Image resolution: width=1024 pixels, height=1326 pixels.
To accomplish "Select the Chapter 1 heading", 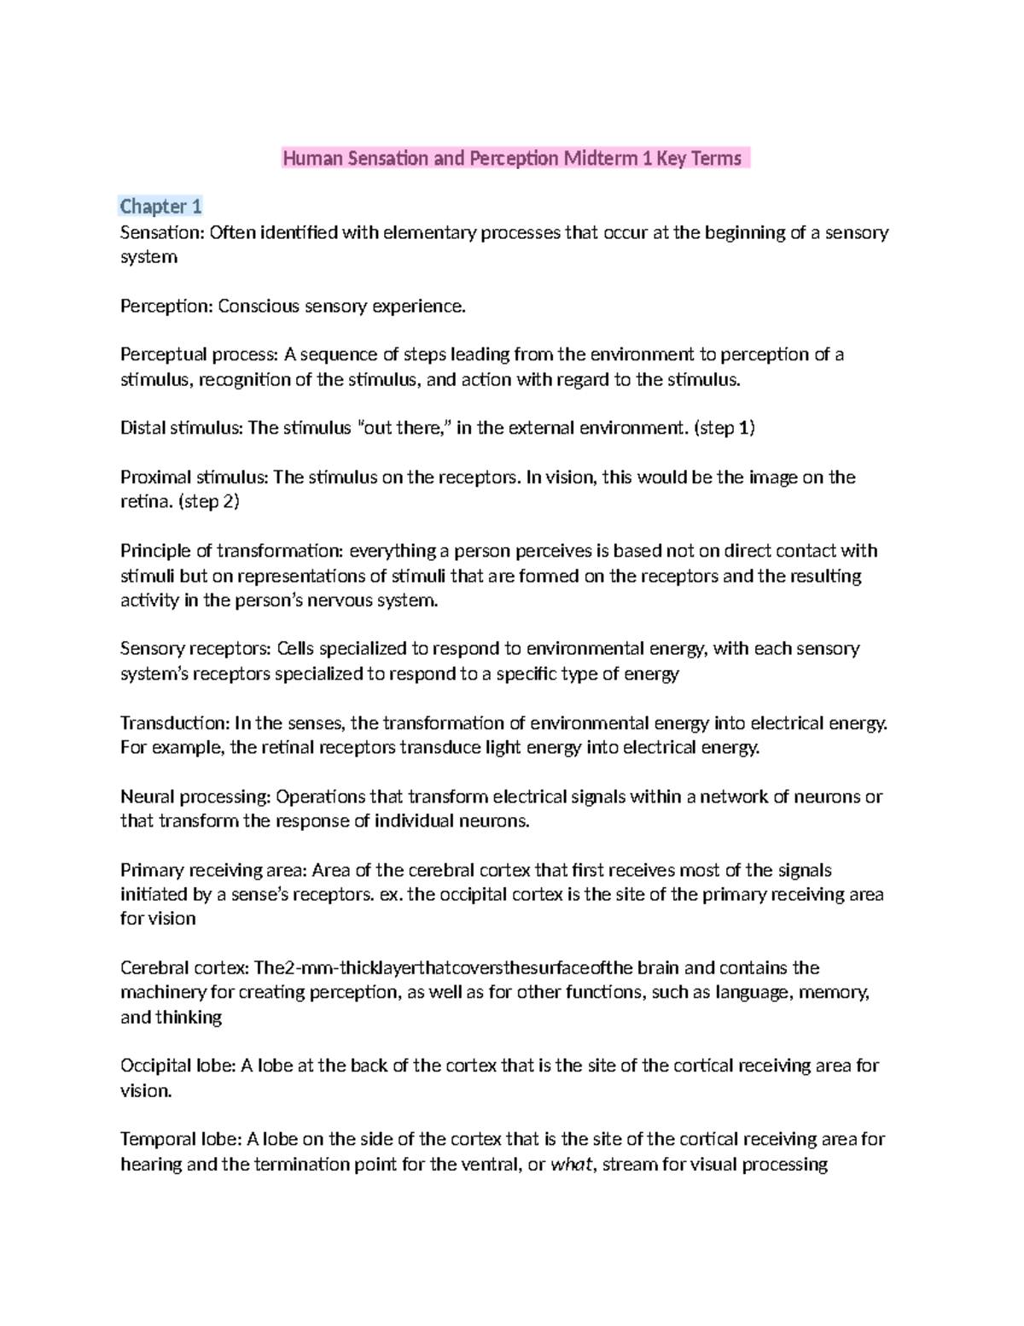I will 160,207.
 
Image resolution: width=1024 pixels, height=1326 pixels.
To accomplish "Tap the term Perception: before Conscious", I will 166,307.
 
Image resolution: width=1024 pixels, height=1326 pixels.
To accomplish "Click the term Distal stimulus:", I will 181,429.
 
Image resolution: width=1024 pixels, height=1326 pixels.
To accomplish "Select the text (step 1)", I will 725,429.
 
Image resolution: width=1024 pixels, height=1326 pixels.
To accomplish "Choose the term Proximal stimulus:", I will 194,477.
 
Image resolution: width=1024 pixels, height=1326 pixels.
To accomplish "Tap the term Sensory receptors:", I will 195,649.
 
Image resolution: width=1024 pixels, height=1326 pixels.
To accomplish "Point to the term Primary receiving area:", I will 213,871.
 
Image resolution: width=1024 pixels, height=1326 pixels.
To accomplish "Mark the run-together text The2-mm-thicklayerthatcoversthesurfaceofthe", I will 433,968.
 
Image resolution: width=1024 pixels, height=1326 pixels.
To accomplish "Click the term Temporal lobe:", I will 181,1140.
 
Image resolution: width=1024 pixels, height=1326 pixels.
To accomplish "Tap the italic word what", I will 571,1165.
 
